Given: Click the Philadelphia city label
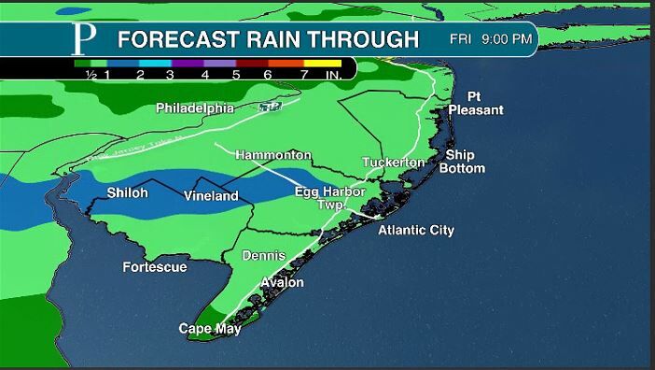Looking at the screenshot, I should pos(194,108).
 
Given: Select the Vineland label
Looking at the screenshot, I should pos(210,196).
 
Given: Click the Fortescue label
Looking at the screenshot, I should pos(155,267).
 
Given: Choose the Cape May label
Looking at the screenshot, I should pos(210,329).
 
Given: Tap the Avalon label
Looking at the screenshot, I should pos(282,282).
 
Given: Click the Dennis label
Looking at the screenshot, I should pos(263,255).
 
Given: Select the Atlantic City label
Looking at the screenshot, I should pos(416,230).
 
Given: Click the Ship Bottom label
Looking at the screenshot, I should pos(465,162).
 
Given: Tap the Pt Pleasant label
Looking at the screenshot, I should pos(475,104).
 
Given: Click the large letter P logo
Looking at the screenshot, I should pos(85,39).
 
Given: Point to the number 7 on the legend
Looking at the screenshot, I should pos(304,75).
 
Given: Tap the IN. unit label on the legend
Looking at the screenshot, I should pos(335,75).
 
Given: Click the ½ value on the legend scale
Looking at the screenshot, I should pos(91,75).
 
